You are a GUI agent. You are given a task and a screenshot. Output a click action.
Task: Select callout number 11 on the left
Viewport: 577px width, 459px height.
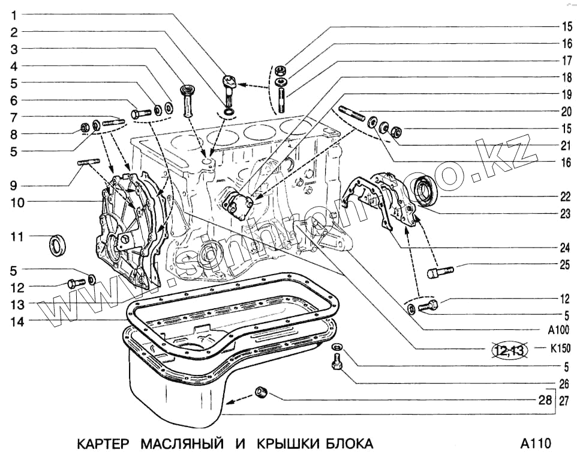17,237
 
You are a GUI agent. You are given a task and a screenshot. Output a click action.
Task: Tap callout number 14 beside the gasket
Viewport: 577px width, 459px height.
17,321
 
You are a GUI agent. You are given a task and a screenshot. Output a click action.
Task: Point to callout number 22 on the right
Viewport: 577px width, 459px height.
565,196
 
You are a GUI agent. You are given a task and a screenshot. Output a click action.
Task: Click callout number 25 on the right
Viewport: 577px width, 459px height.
565,264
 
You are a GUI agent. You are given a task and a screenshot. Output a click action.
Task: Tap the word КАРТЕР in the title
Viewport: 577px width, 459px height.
104,444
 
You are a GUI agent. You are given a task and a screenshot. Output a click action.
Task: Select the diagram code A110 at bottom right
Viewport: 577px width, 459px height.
535,444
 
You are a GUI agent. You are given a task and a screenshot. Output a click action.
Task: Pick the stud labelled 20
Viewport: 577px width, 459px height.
352,112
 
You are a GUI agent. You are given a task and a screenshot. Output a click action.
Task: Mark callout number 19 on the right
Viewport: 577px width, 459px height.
565,94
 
